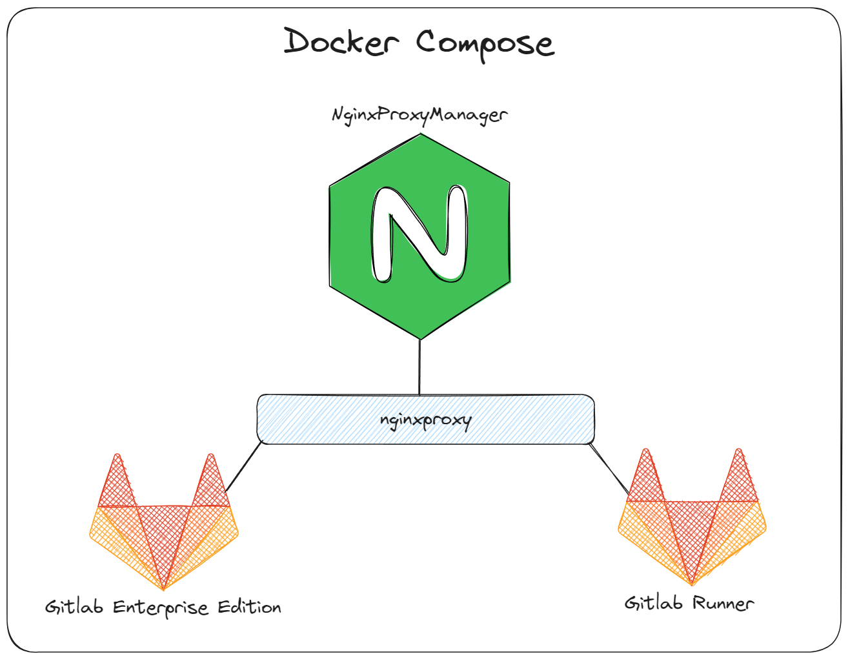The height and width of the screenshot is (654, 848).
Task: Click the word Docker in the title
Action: [x=341, y=43]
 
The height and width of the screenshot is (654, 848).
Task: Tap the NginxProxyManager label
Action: [x=419, y=116]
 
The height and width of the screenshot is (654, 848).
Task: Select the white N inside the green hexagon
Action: [x=419, y=234]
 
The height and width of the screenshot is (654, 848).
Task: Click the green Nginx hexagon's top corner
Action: [x=421, y=135]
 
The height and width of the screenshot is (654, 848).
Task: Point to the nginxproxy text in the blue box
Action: [x=426, y=421]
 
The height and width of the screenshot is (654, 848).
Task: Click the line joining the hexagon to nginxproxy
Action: [x=420, y=367]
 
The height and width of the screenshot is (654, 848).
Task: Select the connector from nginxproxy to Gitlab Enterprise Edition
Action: [x=244, y=467]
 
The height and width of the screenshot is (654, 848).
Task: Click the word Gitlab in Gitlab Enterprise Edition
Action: [x=74, y=607]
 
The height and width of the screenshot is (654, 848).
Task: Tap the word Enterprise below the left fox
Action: [x=161, y=608]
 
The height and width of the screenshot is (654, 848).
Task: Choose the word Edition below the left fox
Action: [x=249, y=607]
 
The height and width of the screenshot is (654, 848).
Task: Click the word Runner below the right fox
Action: [x=723, y=603]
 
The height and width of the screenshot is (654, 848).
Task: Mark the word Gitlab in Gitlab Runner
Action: [x=653, y=603]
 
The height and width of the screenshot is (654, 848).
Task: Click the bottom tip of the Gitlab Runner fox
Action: [x=692, y=584]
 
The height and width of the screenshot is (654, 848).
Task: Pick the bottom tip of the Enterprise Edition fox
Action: [x=164, y=588]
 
